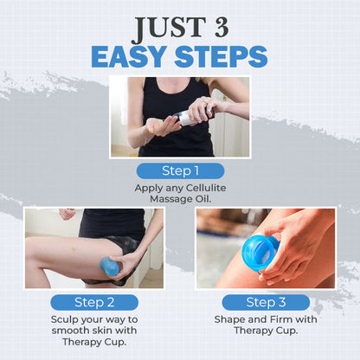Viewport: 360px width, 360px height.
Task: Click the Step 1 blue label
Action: (180, 170)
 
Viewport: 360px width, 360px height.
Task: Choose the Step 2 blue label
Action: (94, 302)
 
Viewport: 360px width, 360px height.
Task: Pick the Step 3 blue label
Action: (266, 302)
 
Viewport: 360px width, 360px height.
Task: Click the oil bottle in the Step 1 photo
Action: (185, 119)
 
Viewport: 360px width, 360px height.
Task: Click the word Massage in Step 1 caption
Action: (170, 199)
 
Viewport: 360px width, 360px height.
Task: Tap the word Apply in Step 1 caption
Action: (148, 188)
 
